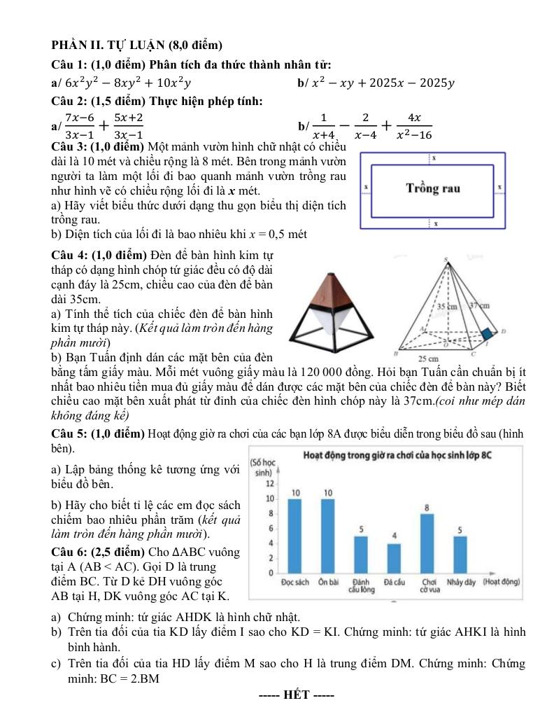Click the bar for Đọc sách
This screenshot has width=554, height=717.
[294, 536]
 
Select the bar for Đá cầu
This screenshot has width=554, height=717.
[394, 558]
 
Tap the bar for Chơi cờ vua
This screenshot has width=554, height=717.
[427, 543]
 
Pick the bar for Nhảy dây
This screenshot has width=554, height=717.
[460, 555]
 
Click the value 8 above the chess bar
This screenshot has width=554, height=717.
[427, 506]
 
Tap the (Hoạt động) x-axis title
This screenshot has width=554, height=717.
[502, 581]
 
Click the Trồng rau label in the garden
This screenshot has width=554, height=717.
[434, 188]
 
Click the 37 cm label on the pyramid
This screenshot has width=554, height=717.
[479, 305]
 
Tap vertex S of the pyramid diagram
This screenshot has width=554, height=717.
[445, 260]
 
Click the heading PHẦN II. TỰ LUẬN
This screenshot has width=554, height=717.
[136, 46]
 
